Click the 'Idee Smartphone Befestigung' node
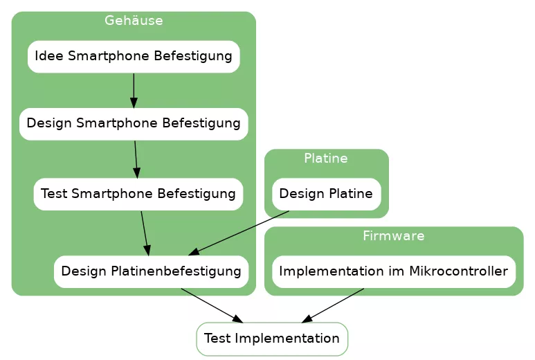(134, 56)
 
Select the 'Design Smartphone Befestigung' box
(134, 124)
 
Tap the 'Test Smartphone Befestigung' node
(138, 194)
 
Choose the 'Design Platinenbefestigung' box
(151, 271)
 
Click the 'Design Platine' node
(326, 194)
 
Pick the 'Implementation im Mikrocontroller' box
(393, 271)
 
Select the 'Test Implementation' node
(272, 339)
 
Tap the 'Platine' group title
(326, 159)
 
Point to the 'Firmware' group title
(393, 236)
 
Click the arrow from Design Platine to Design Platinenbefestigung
(239, 233)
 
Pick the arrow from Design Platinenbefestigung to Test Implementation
(211, 305)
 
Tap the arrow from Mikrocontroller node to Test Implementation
(333, 305)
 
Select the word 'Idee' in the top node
(47, 56)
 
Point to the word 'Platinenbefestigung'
(176, 271)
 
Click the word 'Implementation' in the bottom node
(287, 339)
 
